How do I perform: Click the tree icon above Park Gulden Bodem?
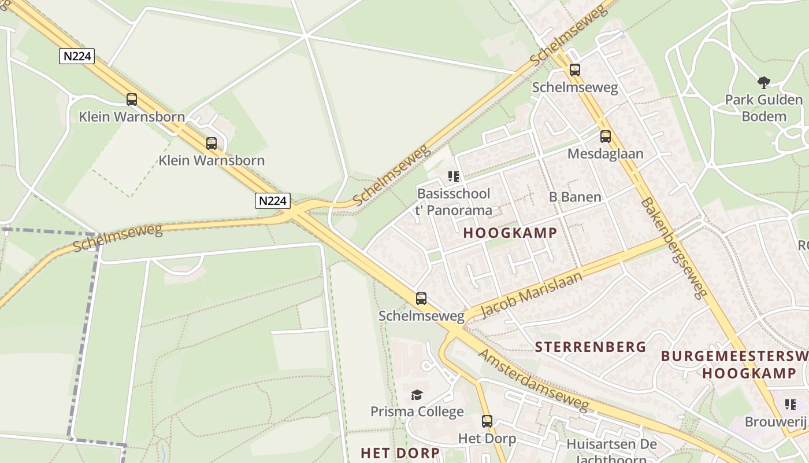[x=763, y=82]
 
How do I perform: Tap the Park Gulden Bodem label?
[x=763, y=108]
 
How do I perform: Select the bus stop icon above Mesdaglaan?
[x=605, y=137]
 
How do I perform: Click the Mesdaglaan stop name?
[x=605, y=153]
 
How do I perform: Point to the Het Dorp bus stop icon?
[x=487, y=421]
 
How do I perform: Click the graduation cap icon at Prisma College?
[x=417, y=395]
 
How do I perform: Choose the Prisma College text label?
[x=417, y=411]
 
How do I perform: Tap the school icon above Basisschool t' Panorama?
[x=454, y=176]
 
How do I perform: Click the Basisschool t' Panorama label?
[x=454, y=201]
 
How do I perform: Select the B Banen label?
[x=575, y=197]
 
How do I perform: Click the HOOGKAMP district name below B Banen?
[x=510, y=233]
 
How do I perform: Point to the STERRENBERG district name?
[x=591, y=347]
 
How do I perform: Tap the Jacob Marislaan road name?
[x=530, y=296]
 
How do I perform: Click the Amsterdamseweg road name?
[x=535, y=381]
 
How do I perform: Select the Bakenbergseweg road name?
[x=674, y=248]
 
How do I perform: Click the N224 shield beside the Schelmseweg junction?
[x=272, y=200]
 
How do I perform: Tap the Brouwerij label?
[x=776, y=421]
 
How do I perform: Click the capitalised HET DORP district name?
[x=400, y=452]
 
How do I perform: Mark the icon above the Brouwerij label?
[x=790, y=404]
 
